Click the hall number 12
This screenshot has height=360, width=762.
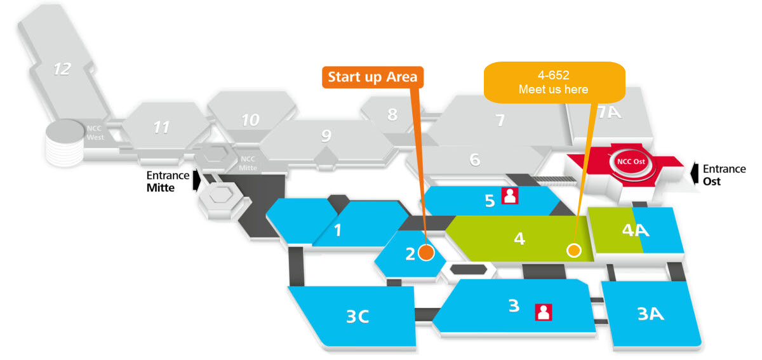click(x=62, y=69)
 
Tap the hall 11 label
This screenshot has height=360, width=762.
click(x=161, y=128)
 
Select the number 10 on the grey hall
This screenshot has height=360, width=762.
click(x=250, y=119)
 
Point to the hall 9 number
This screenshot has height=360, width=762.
click(x=326, y=135)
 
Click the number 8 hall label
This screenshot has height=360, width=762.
click(x=392, y=115)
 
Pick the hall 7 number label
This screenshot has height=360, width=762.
click(x=500, y=119)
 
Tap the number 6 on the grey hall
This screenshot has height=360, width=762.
click(x=475, y=160)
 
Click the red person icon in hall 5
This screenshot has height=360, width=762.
click(x=510, y=196)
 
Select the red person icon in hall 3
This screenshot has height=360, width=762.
click(x=544, y=312)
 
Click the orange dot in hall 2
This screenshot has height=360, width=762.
click(x=426, y=253)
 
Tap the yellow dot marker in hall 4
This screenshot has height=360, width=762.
click(x=574, y=250)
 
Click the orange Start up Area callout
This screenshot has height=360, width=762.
click(x=373, y=77)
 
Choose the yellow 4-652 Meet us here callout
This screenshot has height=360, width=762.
click(x=553, y=82)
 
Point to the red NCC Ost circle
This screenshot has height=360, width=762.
click(x=626, y=161)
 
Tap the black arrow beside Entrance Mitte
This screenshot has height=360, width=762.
click(x=197, y=180)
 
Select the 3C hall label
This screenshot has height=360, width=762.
click(x=358, y=316)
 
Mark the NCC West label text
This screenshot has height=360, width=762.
click(x=94, y=131)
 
